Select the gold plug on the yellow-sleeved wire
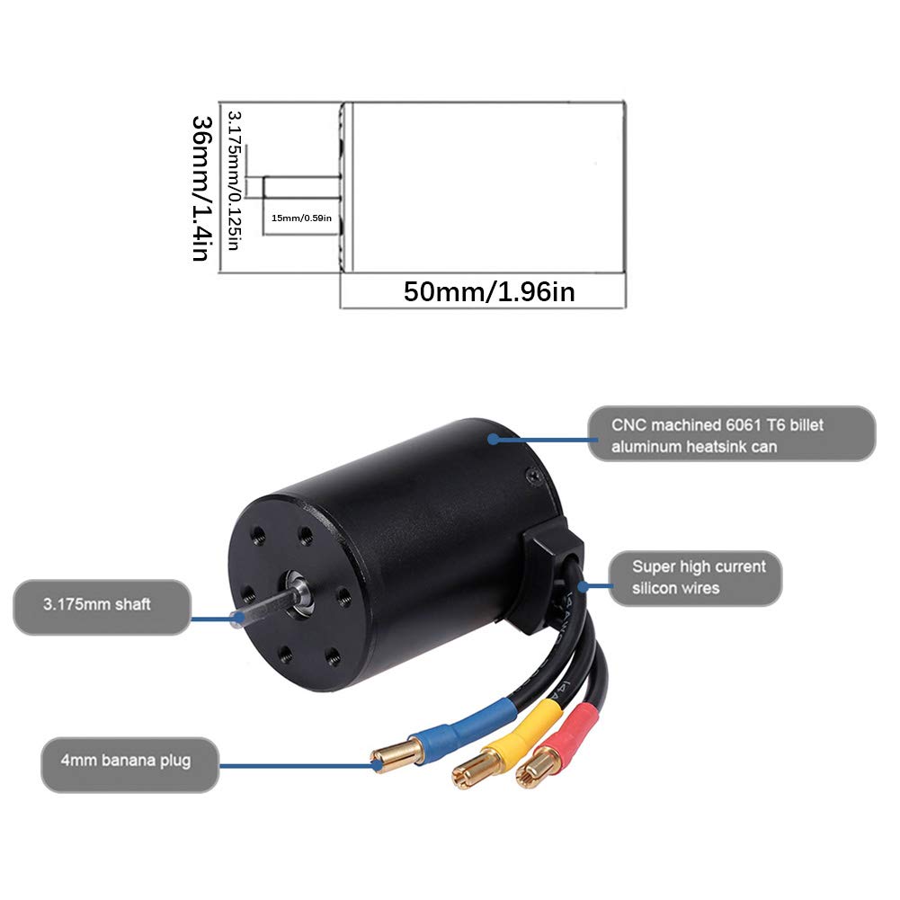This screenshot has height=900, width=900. coord(476,772)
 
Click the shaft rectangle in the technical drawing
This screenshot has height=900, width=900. coord(302,187)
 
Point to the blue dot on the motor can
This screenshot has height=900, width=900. coord(493,439)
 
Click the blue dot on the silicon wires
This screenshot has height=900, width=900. coord(584,586)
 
